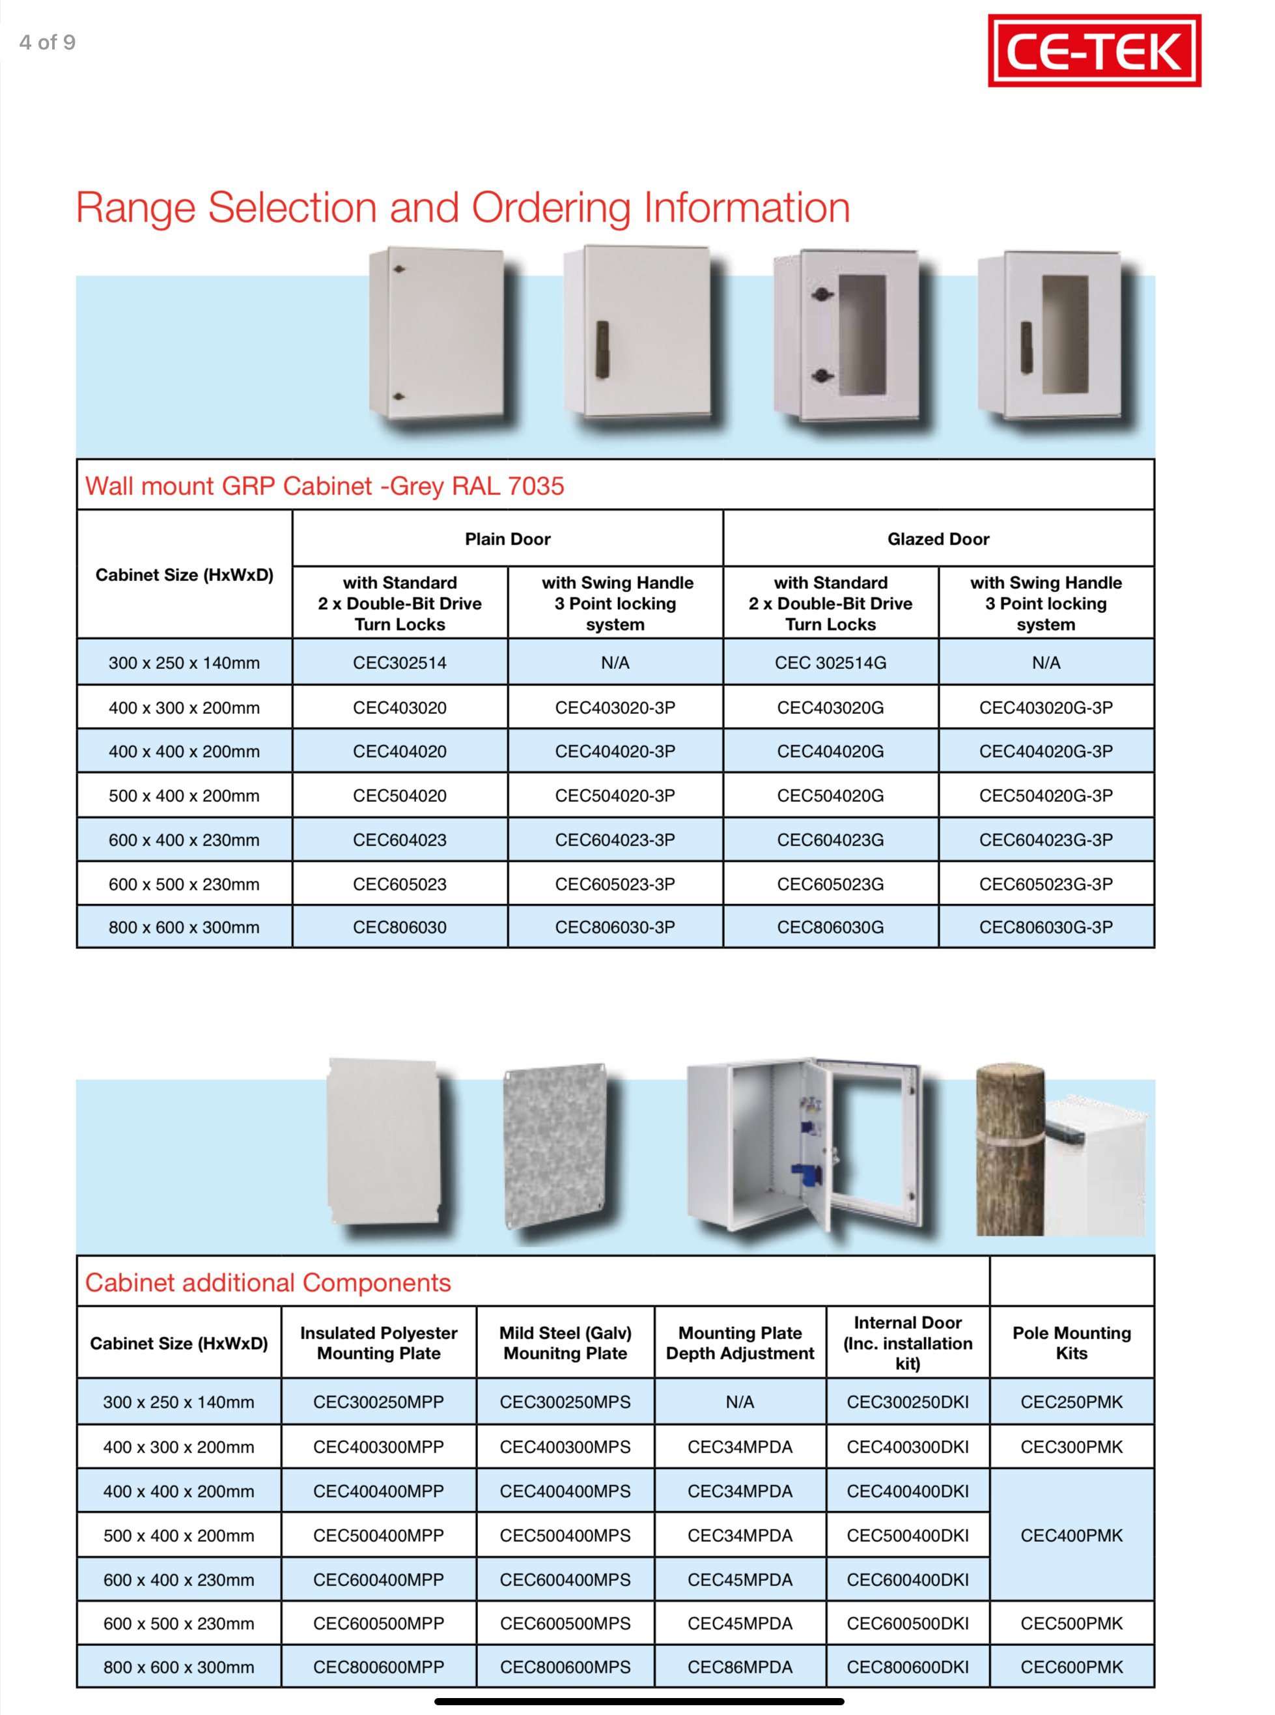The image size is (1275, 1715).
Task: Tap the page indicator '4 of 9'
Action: [x=47, y=42]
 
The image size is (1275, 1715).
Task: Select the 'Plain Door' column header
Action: [x=507, y=539]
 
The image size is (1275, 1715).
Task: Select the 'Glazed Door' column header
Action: [x=938, y=539]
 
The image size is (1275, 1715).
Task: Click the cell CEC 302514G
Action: [x=830, y=663]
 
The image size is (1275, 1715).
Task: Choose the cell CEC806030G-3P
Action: [x=1045, y=927]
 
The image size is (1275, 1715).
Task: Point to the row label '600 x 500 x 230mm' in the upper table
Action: [x=184, y=884]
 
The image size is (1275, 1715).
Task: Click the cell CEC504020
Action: [x=399, y=796]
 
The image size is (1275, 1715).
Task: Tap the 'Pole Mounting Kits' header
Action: [x=1071, y=1343]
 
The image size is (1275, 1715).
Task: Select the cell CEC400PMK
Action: [x=1071, y=1535]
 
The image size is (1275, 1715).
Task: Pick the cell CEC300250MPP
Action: [x=378, y=1402]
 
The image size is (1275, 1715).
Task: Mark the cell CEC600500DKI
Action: [x=907, y=1623]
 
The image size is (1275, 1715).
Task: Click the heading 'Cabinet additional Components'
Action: [x=268, y=1283]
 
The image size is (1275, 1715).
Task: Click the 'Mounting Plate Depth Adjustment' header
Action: [x=739, y=1343]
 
